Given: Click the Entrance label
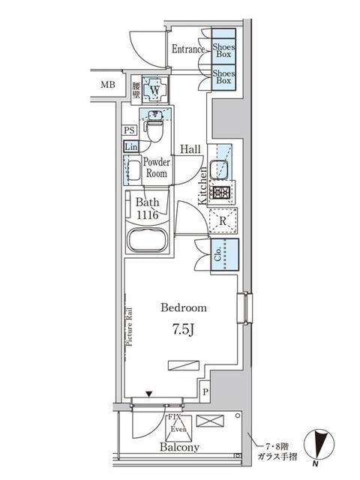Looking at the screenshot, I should [188, 49].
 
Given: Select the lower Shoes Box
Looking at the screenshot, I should [223, 78].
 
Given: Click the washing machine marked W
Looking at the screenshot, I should [154, 90].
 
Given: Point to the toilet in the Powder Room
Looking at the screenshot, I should [154, 128].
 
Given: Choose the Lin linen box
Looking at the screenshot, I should [130, 145].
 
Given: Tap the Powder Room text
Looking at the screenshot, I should [156, 166].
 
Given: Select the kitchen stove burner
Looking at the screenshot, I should [221, 193].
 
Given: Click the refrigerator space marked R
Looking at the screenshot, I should [223, 220].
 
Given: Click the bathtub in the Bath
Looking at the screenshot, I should [150, 242].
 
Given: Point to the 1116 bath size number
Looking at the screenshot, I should [148, 215].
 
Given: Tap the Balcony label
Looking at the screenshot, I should [179, 447].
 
